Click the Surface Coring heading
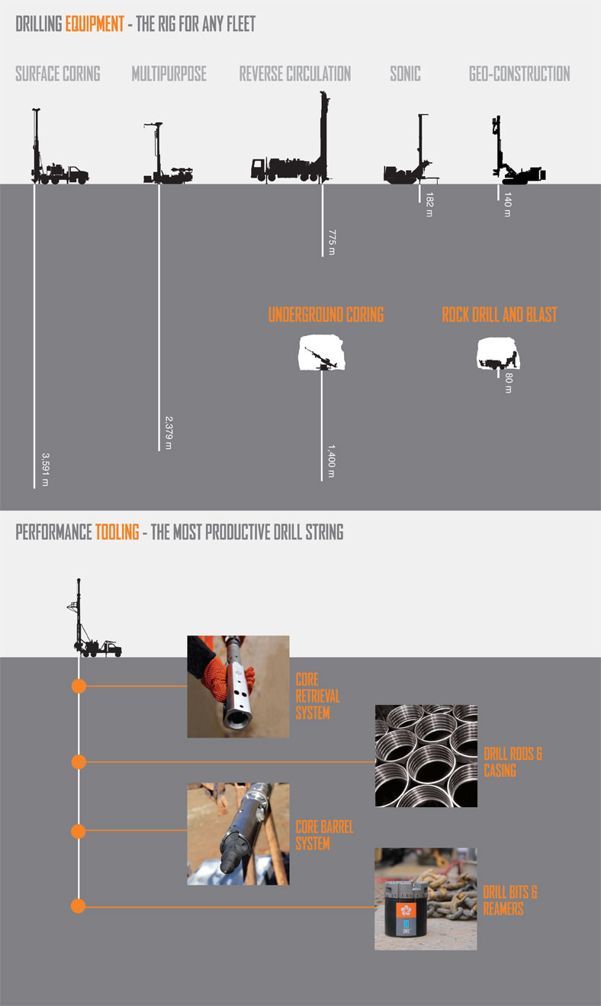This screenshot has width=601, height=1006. [x=58, y=74]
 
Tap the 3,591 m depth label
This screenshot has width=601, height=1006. [x=43, y=469]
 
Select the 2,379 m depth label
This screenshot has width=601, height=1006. [x=169, y=432]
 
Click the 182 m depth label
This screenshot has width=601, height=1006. [x=429, y=203]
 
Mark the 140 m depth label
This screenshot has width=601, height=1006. [x=507, y=204]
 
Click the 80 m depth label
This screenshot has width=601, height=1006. [x=508, y=383]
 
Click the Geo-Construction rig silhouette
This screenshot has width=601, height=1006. [x=515, y=160]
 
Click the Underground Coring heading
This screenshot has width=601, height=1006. [x=326, y=315]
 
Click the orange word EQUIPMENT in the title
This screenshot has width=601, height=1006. [x=94, y=24]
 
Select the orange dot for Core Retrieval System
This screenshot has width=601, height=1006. [x=78, y=686]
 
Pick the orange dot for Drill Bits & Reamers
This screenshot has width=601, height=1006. [x=78, y=906]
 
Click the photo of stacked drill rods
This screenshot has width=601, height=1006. [x=426, y=755]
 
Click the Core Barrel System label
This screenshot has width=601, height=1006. [x=324, y=835]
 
